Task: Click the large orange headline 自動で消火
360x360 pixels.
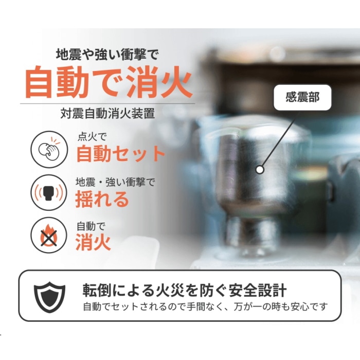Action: coord(108,82)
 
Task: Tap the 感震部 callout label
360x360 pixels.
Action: coord(302,97)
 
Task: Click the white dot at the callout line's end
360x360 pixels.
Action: coord(260,170)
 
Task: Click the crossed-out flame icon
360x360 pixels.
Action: coord(49,235)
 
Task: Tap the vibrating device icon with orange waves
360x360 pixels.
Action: coord(49,192)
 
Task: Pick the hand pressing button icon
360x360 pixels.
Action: coord(49,149)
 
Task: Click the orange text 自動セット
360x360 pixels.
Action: coord(120,154)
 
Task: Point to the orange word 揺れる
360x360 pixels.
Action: coord(102,199)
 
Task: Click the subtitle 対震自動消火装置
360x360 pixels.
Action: coord(107,114)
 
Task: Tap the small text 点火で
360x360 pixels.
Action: coord(92,137)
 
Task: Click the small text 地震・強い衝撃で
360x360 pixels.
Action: coord(116,182)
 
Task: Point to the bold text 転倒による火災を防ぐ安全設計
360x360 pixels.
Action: coord(185,291)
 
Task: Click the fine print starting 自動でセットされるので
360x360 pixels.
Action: coord(205,307)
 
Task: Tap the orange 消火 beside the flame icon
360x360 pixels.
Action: coord(93,242)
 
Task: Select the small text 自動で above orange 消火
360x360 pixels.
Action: coord(91,226)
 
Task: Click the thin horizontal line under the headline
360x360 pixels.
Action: coord(107,103)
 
